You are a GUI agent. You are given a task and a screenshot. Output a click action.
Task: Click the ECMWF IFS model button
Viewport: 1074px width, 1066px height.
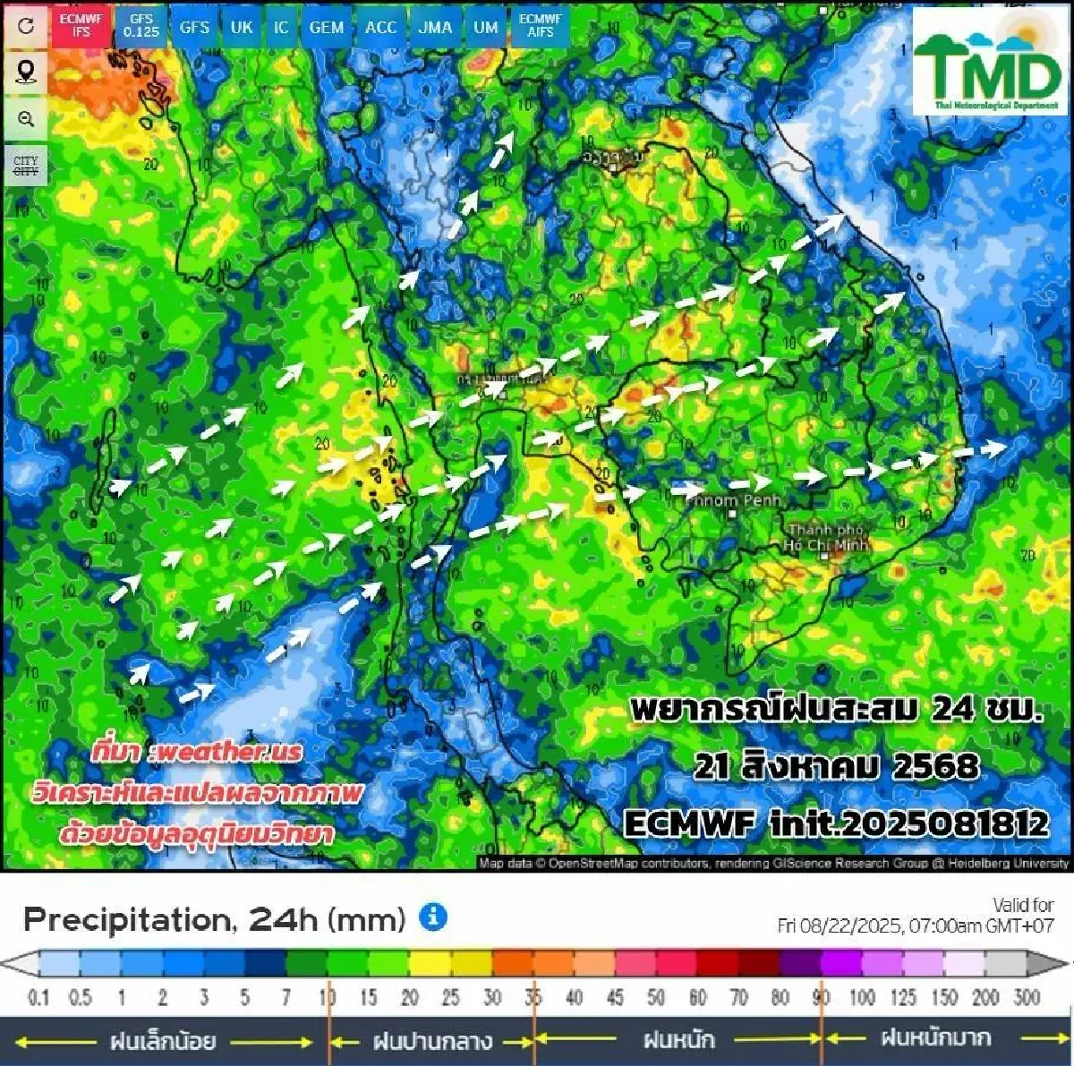click(81, 25)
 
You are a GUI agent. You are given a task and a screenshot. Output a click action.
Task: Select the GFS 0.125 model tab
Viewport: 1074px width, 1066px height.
click(141, 25)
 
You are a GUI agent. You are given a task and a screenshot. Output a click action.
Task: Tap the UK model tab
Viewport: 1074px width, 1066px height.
click(242, 27)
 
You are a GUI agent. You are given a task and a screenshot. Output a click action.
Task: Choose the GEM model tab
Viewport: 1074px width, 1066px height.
click(327, 27)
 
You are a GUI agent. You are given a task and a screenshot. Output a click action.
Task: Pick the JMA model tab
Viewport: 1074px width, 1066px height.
click(435, 27)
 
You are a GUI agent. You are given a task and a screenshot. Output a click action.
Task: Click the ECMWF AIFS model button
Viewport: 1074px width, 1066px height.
click(540, 25)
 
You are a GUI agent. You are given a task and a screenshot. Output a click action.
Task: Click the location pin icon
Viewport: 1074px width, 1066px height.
click(26, 72)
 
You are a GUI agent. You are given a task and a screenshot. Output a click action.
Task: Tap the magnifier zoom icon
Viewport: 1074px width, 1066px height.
click(26, 119)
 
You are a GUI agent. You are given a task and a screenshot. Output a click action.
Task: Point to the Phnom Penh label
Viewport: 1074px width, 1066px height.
click(734, 500)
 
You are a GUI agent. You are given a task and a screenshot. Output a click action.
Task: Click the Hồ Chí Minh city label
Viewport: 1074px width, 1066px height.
click(825, 537)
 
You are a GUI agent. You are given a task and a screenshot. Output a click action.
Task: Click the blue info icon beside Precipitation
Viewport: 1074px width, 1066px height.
click(433, 917)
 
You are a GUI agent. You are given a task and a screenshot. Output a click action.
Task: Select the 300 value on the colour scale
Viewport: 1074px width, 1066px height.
click(1027, 997)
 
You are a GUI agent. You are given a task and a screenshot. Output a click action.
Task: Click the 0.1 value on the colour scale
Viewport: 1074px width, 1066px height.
click(38, 997)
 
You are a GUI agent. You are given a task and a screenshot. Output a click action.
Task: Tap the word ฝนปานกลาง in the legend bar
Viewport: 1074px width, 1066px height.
click(432, 1041)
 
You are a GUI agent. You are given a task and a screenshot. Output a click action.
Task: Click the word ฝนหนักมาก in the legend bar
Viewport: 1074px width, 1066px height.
click(936, 1038)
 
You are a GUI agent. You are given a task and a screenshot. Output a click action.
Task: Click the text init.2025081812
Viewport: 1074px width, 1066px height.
click(909, 823)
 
